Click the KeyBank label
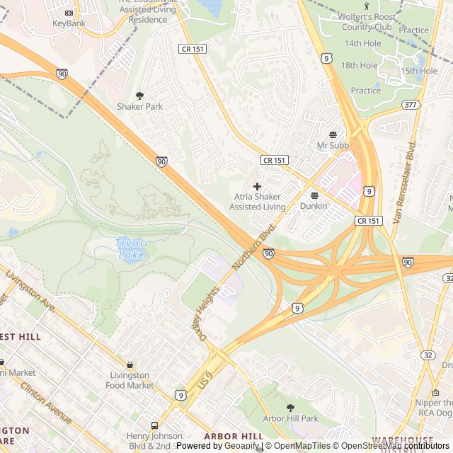[69, 23]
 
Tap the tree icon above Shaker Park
[139, 96]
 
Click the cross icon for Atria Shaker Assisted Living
[257, 185]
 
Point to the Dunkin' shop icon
[314, 195]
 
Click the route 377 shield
[409, 105]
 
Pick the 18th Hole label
[360, 65]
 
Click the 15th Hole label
[419, 71]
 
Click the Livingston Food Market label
[129, 380]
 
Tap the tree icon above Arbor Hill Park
[290, 408]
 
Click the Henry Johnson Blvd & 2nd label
[154, 440]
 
